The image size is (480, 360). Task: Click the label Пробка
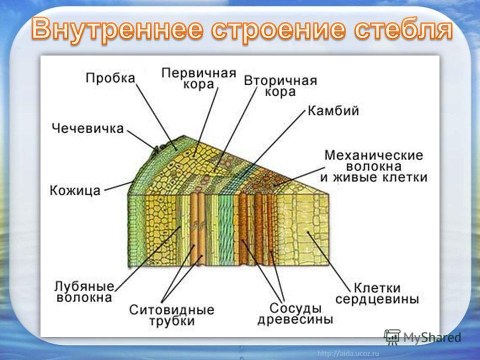pos(110,78)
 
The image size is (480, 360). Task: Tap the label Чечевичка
pos(88,128)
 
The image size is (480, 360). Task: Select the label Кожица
pos(75,190)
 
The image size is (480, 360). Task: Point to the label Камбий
pos(333,110)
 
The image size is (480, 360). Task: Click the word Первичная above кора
pos(198,73)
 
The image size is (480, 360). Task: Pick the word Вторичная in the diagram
pos(280,80)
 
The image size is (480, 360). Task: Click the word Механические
pos(373,155)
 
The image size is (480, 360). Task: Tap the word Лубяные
pos(84,286)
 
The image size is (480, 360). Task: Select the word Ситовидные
pos(171,309)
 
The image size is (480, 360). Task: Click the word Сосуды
pos(295,307)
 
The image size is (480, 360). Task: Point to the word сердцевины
pos(377,299)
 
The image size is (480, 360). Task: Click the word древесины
pos(295,319)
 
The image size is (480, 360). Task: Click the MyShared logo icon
pos(392,337)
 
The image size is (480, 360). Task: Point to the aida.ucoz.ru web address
pos(348,353)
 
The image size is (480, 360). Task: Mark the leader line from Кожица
pos(118,186)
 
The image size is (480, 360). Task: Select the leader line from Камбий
pos(272,144)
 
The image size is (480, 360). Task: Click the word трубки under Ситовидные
pos(171,321)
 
